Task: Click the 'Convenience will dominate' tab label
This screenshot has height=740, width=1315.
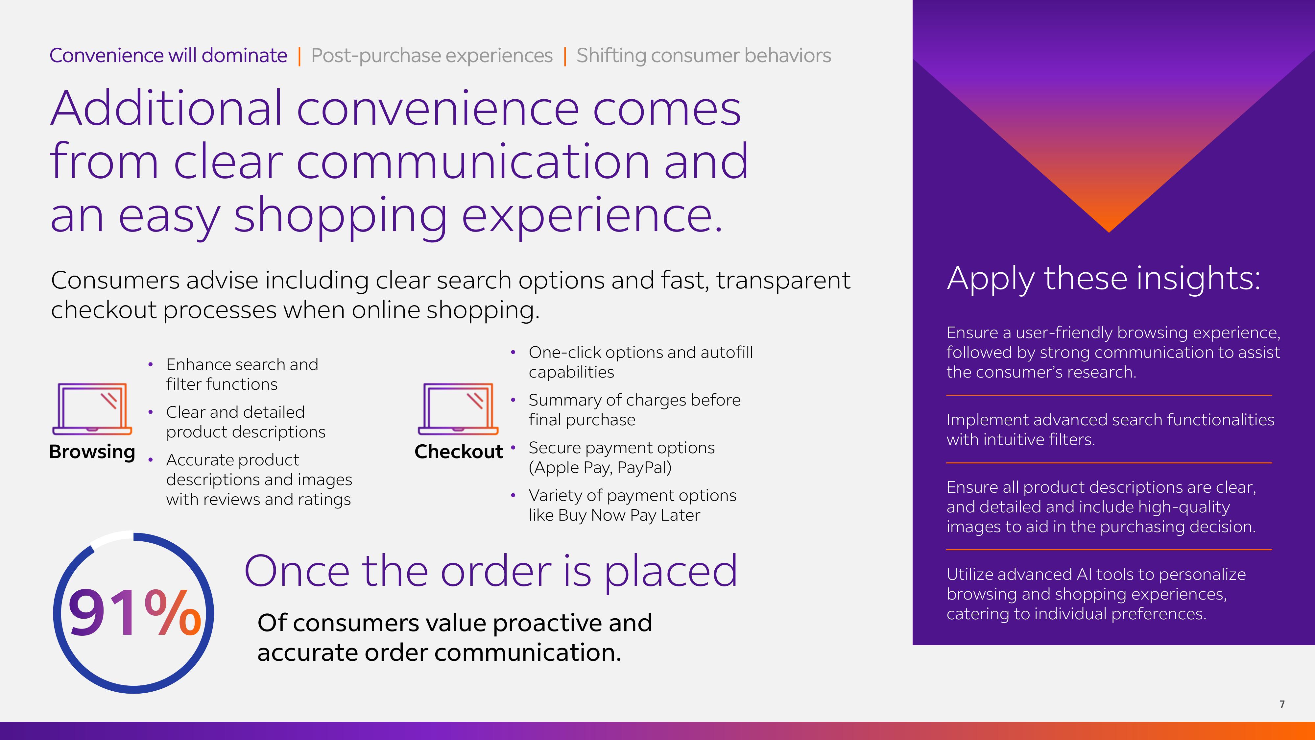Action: click(x=168, y=55)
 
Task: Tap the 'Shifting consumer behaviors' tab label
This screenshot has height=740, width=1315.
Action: click(x=704, y=56)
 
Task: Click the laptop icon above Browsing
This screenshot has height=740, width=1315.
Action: click(x=92, y=408)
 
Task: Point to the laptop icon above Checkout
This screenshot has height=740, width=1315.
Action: click(x=458, y=408)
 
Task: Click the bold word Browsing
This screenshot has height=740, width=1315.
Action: click(x=92, y=452)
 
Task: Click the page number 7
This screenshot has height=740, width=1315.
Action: click(x=1282, y=704)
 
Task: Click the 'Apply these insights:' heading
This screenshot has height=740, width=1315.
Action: click(x=1104, y=279)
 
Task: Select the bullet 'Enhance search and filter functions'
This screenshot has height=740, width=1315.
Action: click(x=242, y=374)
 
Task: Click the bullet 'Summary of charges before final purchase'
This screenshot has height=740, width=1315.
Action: click(x=634, y=409)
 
